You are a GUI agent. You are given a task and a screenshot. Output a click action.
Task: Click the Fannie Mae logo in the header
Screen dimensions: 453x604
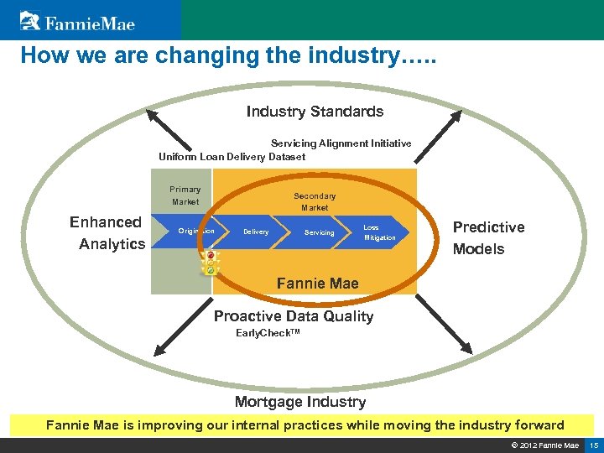(x=77, y=20)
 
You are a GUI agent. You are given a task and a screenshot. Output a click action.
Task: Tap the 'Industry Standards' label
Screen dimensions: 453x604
(x=315, y=112)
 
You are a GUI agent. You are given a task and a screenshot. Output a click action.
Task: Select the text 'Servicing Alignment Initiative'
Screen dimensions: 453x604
(x=341, y=143)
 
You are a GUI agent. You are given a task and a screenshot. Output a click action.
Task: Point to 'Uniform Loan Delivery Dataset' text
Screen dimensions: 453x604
(x=232, y=156)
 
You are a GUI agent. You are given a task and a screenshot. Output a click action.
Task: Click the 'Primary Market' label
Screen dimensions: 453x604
(x=185, y=195)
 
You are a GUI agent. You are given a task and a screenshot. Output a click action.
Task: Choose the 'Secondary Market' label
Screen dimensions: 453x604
(x=315, y=201)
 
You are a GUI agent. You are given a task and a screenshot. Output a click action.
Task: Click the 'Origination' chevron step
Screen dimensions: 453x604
(x=196, y=232)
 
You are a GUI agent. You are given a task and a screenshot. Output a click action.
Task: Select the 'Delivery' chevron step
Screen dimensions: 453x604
(x=256, y=232)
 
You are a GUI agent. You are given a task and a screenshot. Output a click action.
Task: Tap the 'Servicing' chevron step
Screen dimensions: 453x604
(x=319, y=232)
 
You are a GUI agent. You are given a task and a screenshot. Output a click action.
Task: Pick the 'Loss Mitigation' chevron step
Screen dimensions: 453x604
(x=379, y=232)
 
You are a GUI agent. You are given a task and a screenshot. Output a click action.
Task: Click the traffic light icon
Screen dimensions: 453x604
(x=211, y=263)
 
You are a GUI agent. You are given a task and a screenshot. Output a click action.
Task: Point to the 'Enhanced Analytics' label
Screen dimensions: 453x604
(x=107, y=233)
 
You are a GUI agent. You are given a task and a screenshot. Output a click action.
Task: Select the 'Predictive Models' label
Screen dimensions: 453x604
(x=488, y=237)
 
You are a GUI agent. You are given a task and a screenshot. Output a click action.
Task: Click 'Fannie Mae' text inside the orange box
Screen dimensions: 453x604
(x=317, y=284)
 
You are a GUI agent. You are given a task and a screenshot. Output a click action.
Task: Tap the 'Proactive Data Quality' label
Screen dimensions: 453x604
(x=293, y=316)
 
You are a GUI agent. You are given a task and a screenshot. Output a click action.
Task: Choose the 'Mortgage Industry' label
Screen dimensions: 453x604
(x=299, y=402)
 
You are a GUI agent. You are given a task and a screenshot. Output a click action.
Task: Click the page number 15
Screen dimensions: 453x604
(x=593, y=445)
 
